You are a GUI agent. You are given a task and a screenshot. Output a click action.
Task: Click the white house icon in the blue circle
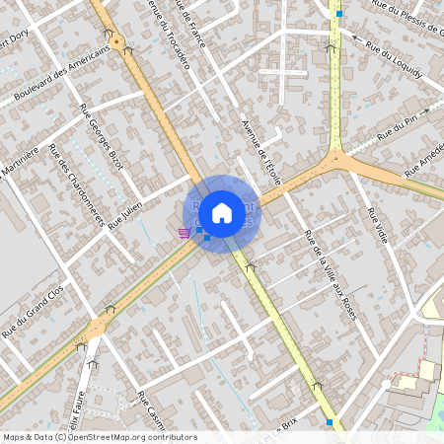tap(222, 212)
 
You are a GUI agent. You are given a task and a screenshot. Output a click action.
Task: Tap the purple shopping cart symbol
tap(184, 233)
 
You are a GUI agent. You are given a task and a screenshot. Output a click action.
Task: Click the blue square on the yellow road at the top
tap(339, 14)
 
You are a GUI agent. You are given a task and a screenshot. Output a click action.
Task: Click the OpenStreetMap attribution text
tap(100, 437)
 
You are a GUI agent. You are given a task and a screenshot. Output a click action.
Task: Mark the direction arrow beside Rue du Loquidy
tap(331, 46)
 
